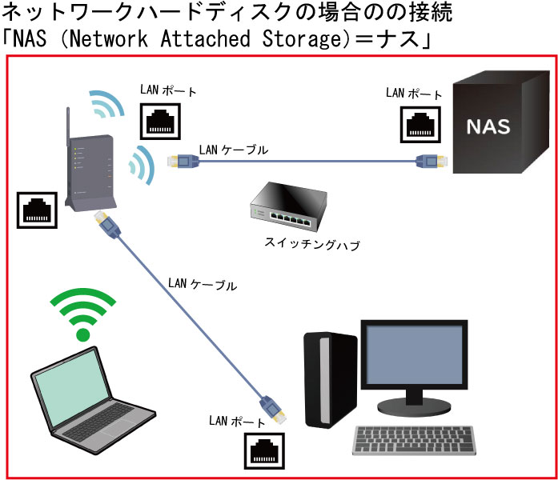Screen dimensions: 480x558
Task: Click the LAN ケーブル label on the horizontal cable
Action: click(233, 149)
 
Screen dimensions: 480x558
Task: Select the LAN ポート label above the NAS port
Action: click(412, 94)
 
